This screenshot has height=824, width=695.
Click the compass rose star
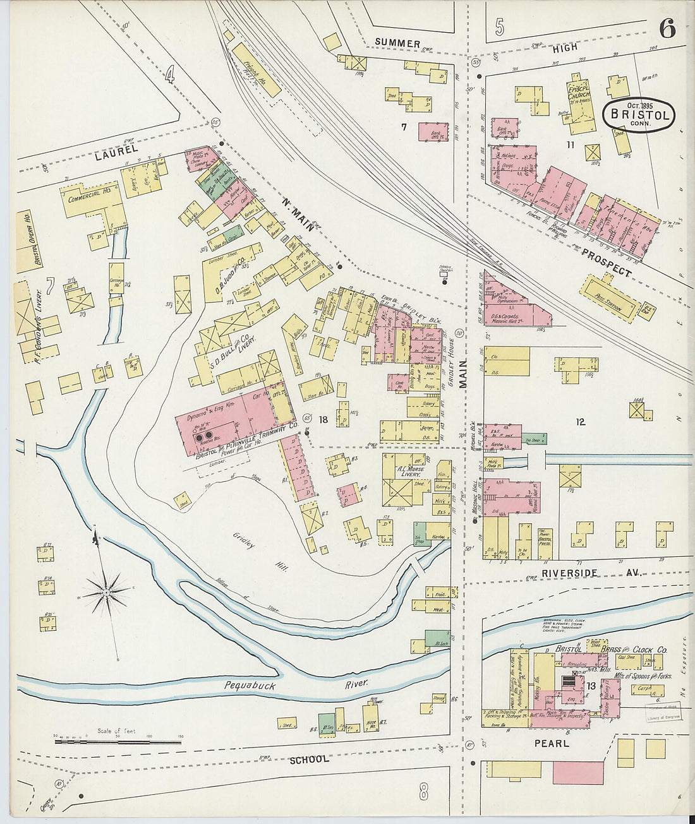(107, 592)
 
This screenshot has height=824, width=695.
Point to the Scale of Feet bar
(118, 741)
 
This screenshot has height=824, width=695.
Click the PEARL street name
(552, 743)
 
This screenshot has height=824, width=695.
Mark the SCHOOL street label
(309, 758)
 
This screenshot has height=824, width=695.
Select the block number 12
(580, 421)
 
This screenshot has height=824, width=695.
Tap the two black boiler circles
(204, 436)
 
